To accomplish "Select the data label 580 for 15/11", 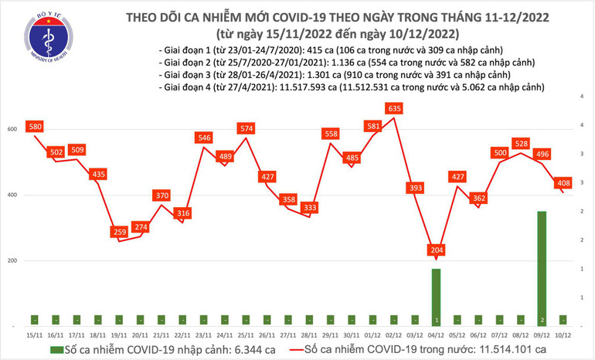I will pyautogui.click(x=34, y=126).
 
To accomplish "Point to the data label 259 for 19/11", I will pyautogui.click(x=118, y=232).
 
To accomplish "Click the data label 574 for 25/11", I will pyautogui.click(x=246, y=128).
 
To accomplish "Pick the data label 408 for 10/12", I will pyautogui.click(x=563, y=183).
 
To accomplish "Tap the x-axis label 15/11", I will pyautogui.click(x=34, y=334).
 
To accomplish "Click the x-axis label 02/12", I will pyautogui.click(x=394, y=334).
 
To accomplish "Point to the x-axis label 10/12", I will pyautogui.click(x=563, y=334).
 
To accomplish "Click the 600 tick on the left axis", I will pyautogui.click(x=13, y=129).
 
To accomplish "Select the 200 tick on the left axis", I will pyautogui.click(x=13, y=261).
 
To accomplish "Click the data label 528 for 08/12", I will pyautogui.click(x=521, y=144).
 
